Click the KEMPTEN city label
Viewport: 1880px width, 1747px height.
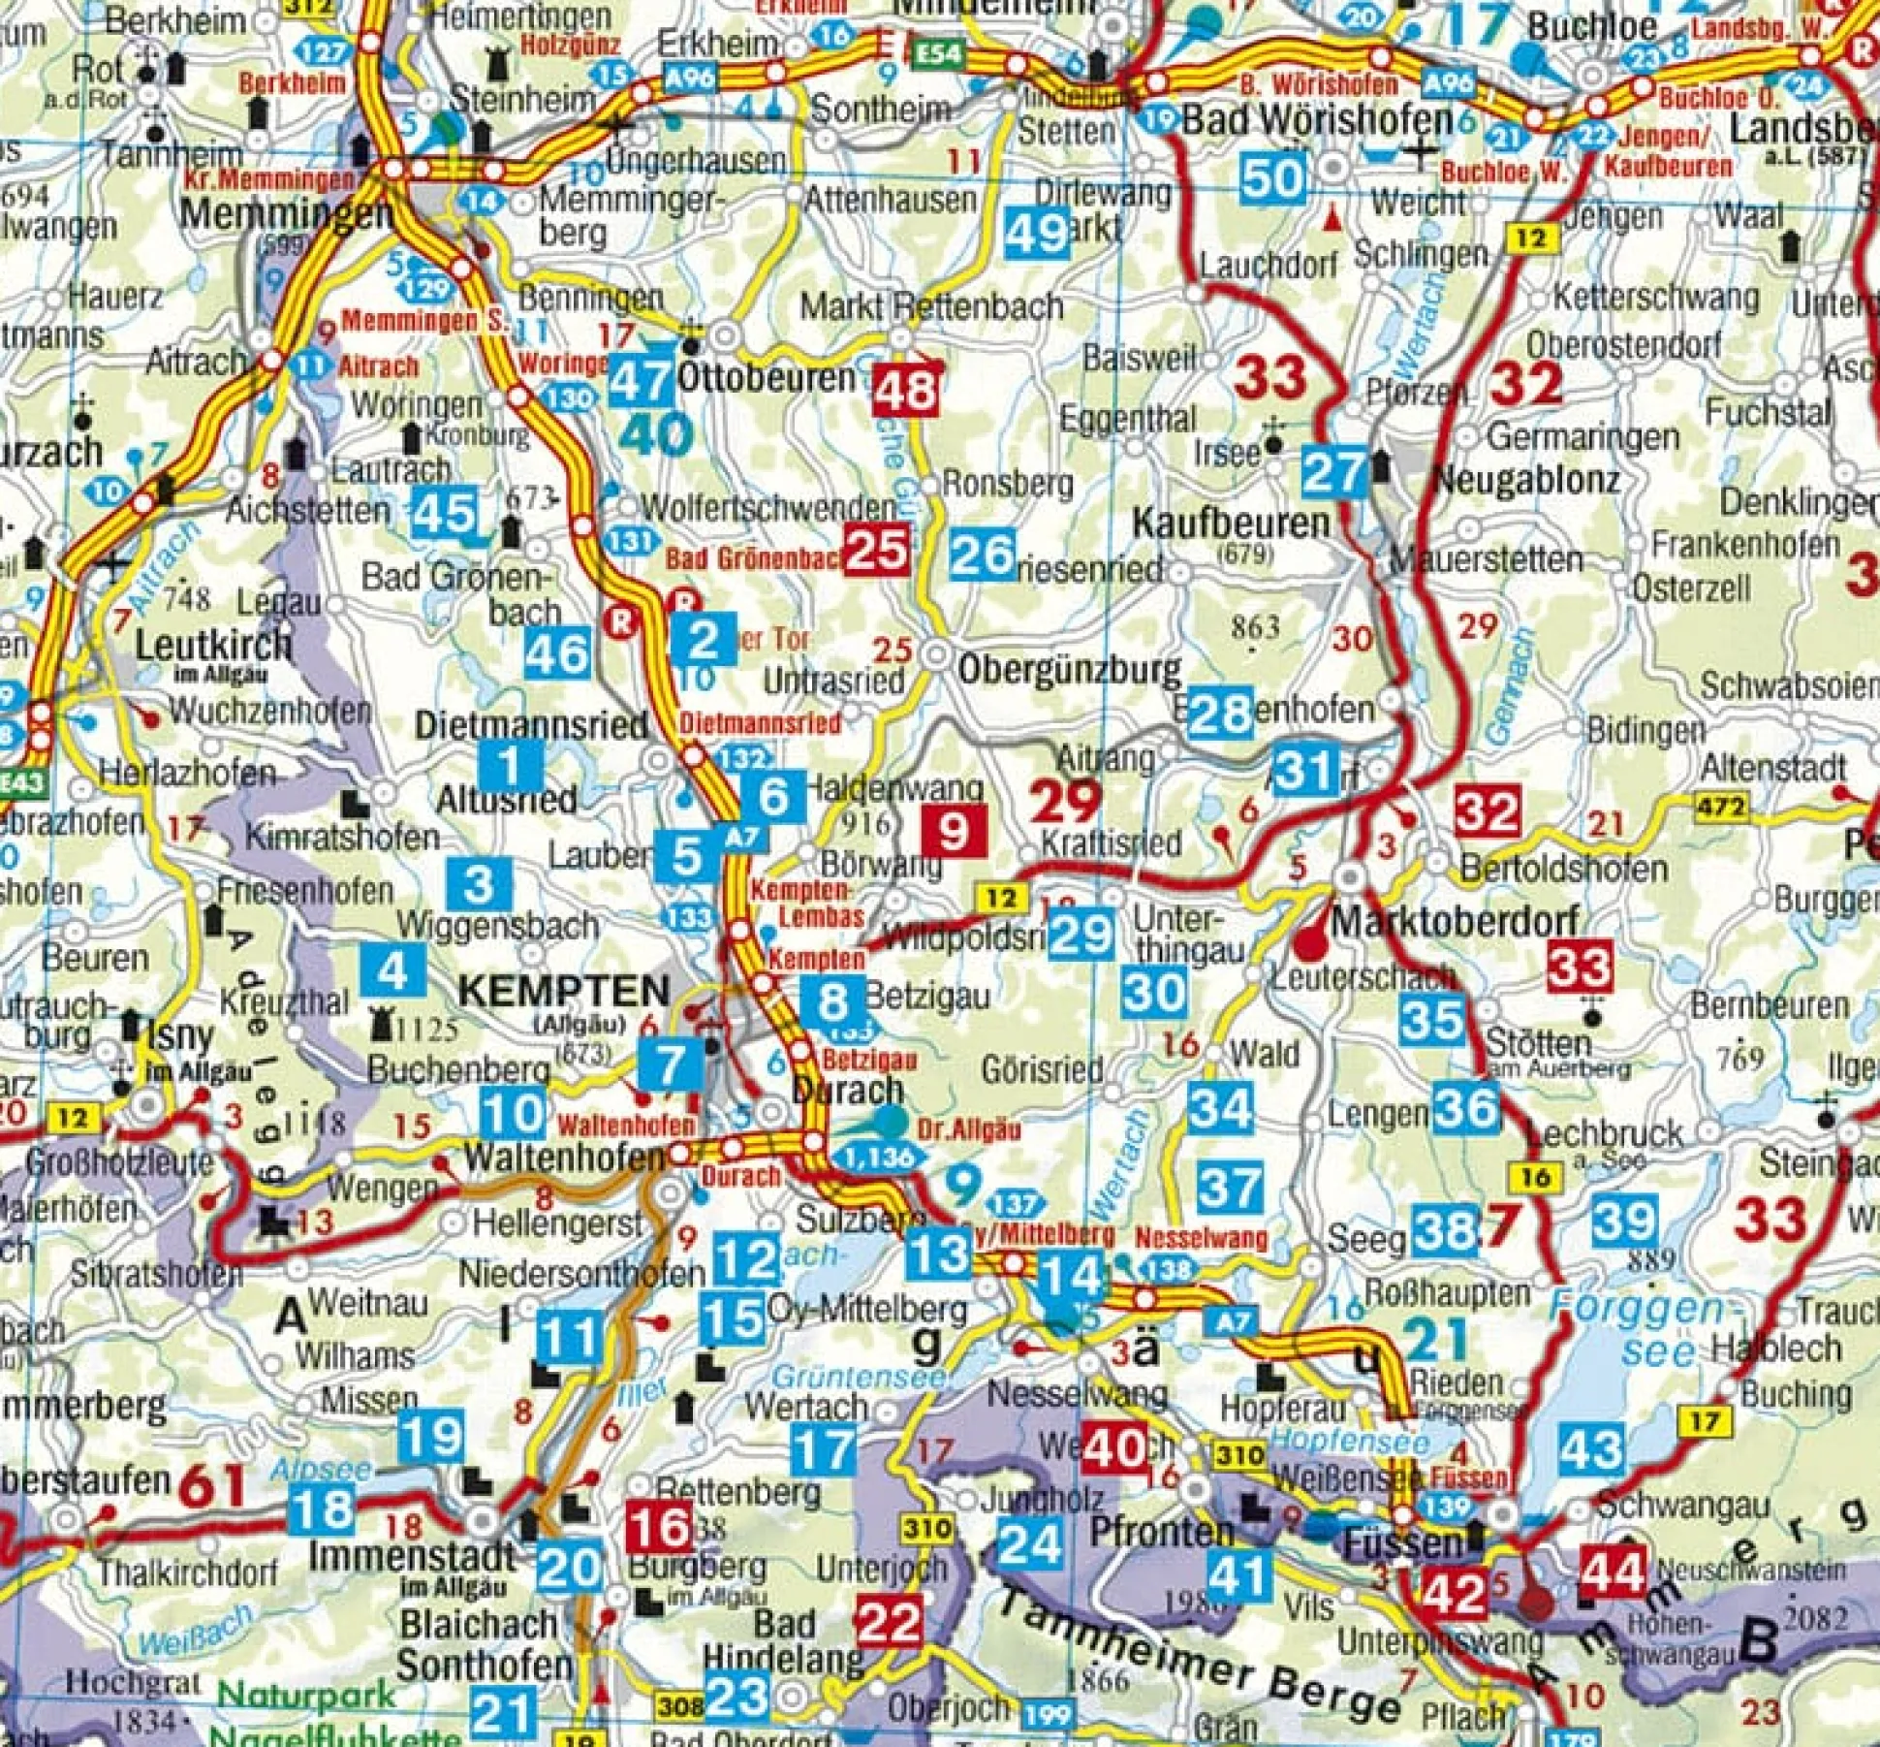pyautogui.click(x=563, y=991)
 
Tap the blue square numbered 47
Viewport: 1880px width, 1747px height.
pyautogui.click(x=641, y=380)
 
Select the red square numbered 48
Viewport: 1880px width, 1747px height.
pyautogui.click(x=906, y=390)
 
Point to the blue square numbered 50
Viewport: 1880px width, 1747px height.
pyautogui.click(x=1271, y=177)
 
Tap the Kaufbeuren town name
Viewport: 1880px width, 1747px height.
pyautogui.click(x=1231, y=524)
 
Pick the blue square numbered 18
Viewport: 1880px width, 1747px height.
pyautogui.click(x=322, y=1509)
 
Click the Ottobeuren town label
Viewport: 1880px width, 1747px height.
pyautogui.click(x=766, y=378)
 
